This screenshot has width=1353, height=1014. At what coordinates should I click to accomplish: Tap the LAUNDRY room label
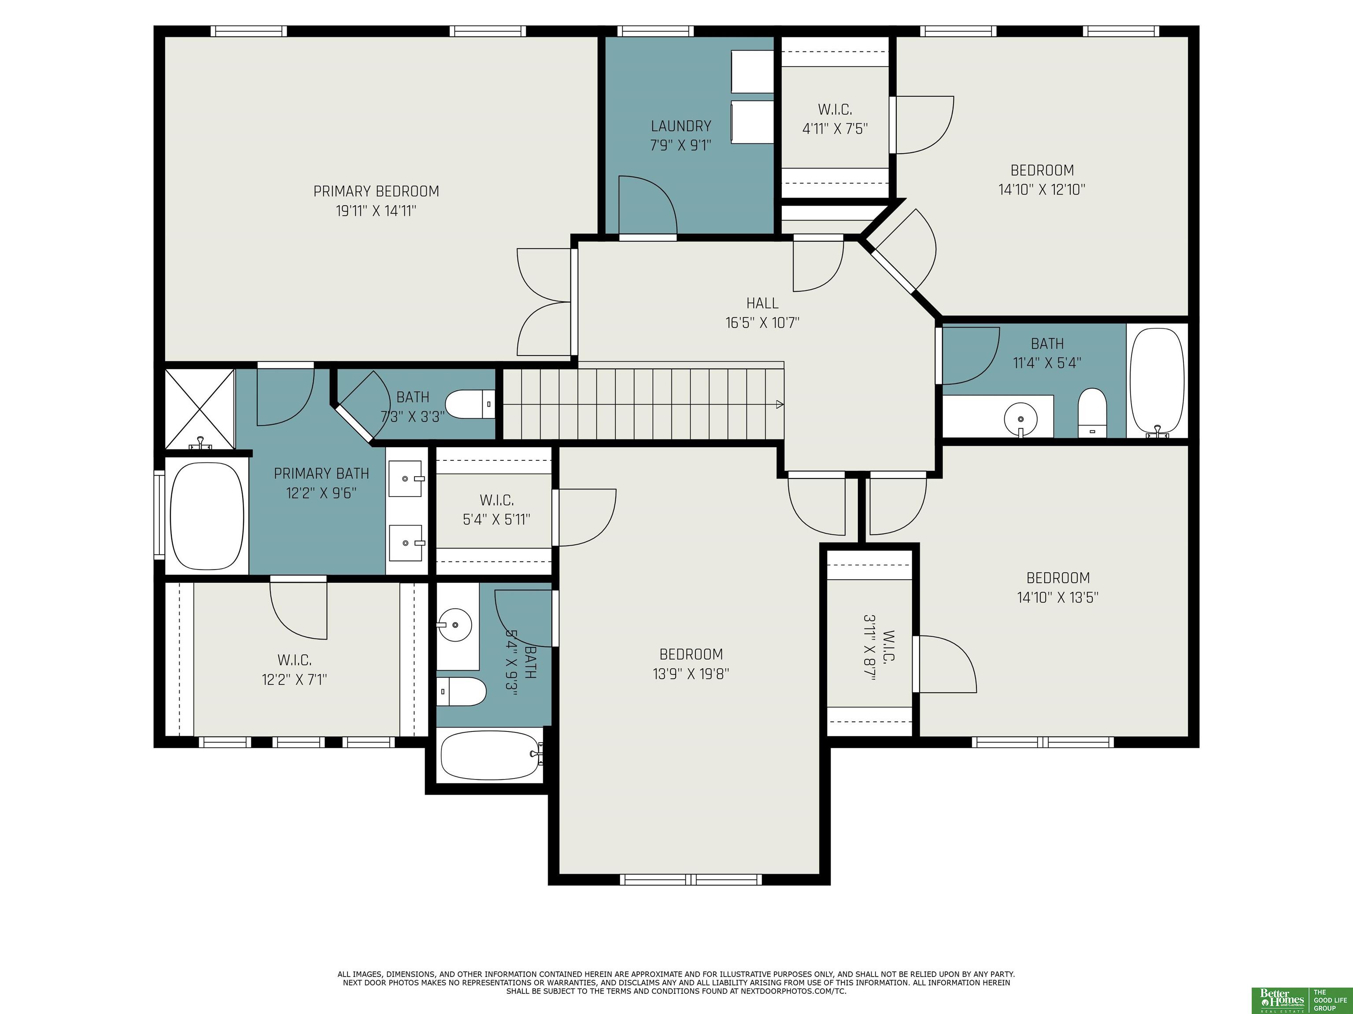pos(681,126)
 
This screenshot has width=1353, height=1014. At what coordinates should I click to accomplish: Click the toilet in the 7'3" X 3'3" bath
pos(470,404)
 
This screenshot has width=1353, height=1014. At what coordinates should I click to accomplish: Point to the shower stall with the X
pos(200,408)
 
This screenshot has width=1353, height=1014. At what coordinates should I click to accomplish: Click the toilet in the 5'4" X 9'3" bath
pos(461,691)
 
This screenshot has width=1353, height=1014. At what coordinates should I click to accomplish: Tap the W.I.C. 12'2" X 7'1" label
pos(295,670)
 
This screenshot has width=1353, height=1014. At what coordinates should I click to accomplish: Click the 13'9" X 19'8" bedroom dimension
pos(691,673)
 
